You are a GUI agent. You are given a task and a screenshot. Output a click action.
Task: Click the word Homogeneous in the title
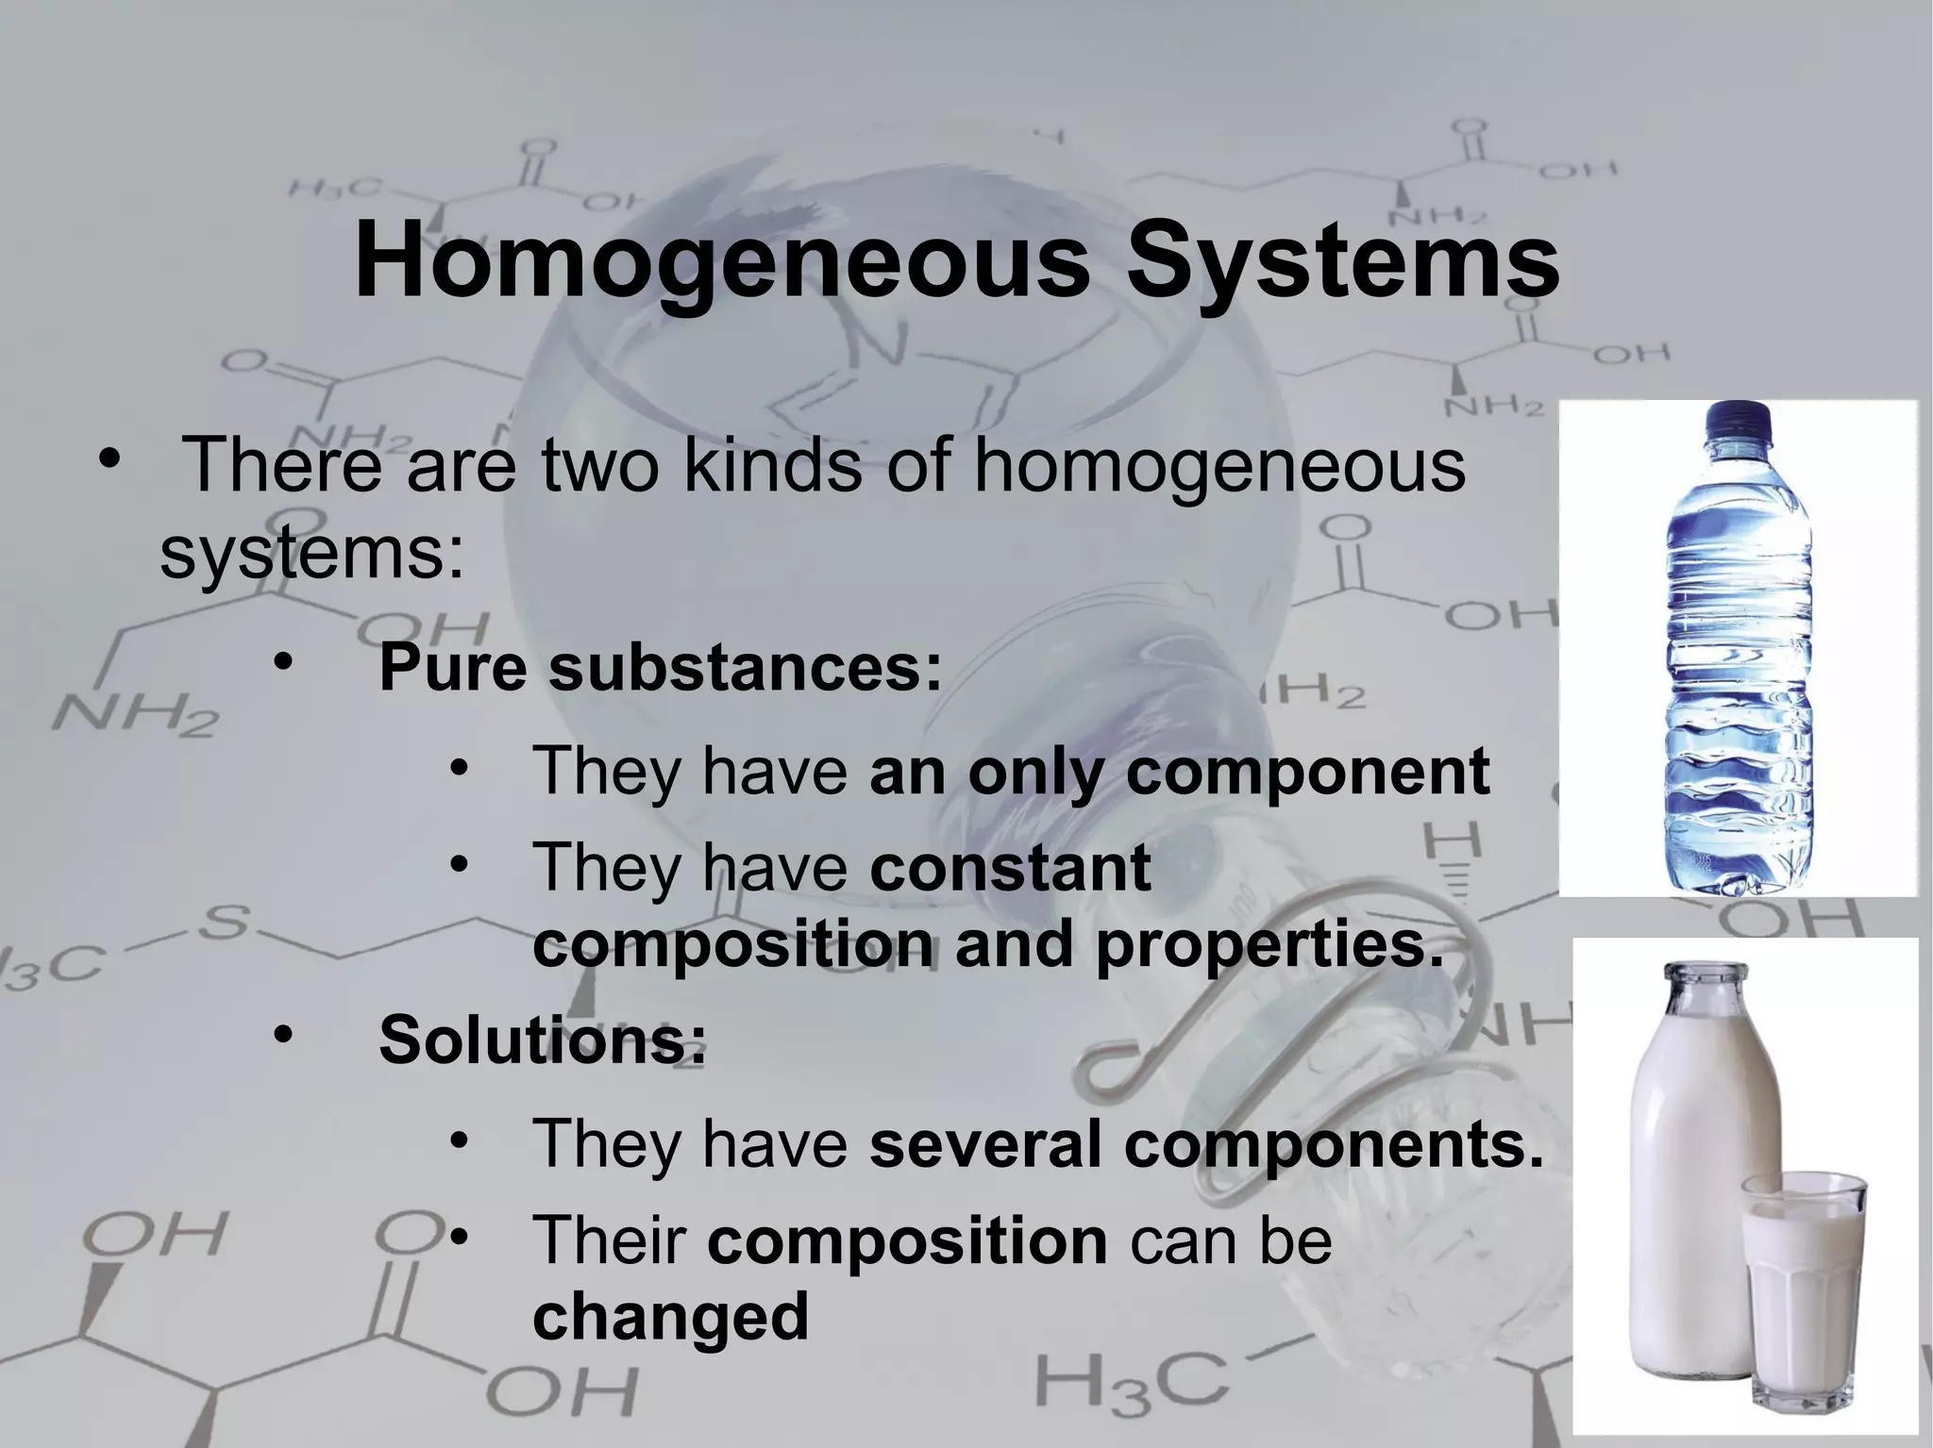tap(721, 262)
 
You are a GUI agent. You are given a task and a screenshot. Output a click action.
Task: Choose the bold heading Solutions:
tap(542, 1039)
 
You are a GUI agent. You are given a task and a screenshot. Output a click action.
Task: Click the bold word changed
tap(670, 1316)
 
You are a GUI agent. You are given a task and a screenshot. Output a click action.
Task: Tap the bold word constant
tap(1009, 867)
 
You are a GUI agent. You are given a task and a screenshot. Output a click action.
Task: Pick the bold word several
tap(984, 1143)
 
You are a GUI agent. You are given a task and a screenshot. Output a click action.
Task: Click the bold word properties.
tap(1269, 944)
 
